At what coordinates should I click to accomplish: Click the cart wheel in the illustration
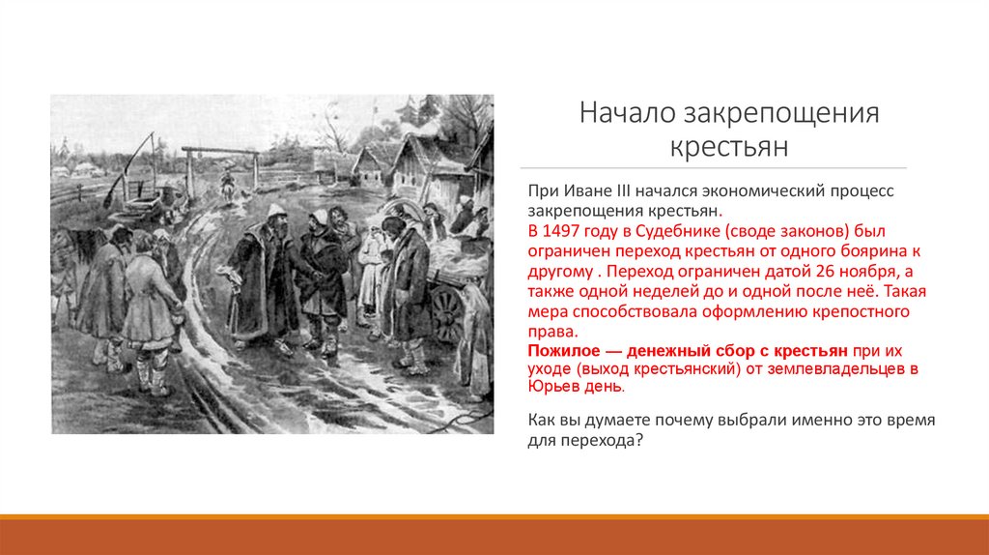[447, 311]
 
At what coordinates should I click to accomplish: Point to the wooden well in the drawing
[145, 198]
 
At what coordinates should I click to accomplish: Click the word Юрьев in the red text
[554, 388]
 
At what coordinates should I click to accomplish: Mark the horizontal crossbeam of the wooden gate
[221, 151]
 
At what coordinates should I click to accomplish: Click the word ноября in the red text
[830, 272]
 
